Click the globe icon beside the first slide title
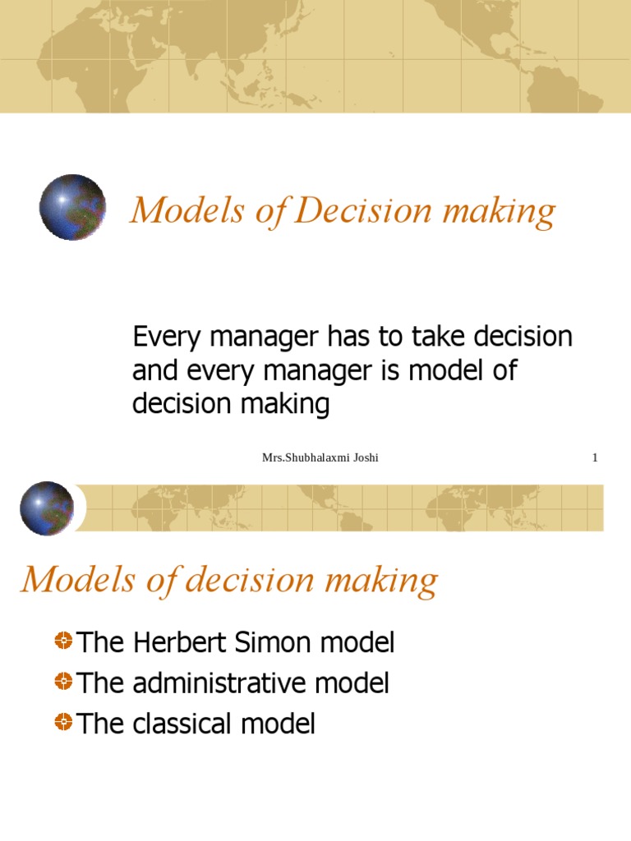coord(72,207)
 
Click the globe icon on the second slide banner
coord(47,508)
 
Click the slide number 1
coord(595,458)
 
